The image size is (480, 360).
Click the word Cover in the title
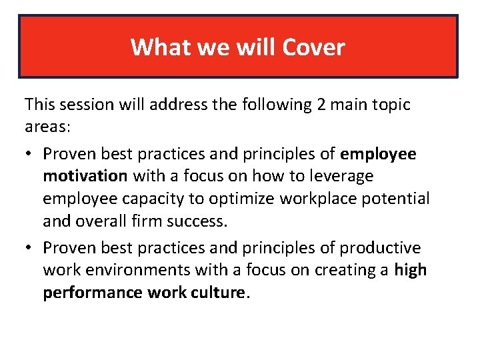pos(313,47)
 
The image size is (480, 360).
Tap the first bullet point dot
pos(29,155)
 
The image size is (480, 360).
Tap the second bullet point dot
pos(29,248)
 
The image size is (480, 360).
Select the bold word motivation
pos(85,176)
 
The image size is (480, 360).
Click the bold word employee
pos(378,154)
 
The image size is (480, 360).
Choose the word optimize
pos(238,199)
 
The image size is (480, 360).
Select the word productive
pos(380,248)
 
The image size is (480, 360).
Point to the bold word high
pos(410,270)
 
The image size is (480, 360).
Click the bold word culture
pos(217,292)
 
